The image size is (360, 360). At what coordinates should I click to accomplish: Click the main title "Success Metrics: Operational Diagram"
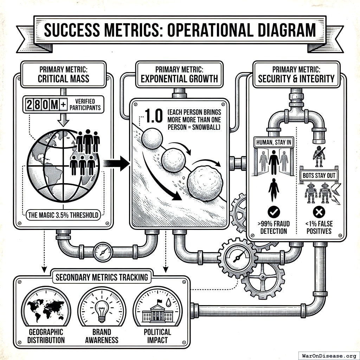pos(180,31)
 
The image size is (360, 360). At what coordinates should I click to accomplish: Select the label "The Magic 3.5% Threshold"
pos(63,214)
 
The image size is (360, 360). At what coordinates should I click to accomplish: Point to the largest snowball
pos(206,182)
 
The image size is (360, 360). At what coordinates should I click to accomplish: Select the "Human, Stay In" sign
pos(274,142)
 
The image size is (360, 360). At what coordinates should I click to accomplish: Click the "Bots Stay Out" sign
pos(319,175)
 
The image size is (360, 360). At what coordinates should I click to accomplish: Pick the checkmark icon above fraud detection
pos(274,212)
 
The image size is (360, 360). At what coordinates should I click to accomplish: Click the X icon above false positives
pos(319,212)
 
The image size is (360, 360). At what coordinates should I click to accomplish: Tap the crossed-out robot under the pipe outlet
pos(319,156)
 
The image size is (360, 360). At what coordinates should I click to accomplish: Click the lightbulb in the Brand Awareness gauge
pos(102,310)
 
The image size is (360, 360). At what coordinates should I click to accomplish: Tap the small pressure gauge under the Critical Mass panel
pos(103,252)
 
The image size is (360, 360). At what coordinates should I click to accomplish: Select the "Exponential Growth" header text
pos(179,78)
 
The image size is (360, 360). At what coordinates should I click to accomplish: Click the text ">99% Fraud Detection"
pos(274,227)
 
